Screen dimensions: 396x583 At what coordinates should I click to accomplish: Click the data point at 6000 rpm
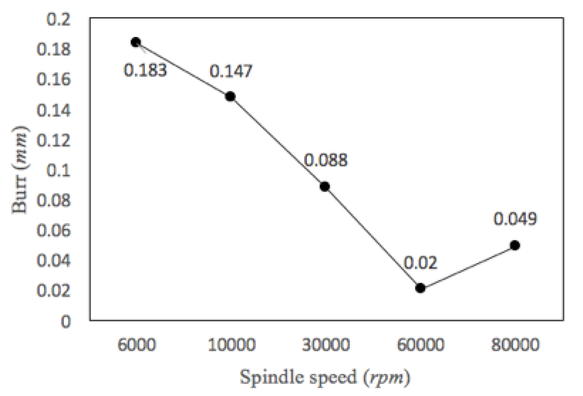(136, 42)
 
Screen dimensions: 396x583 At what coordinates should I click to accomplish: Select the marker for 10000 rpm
(230, 96)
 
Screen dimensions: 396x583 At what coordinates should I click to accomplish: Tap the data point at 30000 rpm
(325, 186)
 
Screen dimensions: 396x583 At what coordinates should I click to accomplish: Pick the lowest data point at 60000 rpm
(420, 288)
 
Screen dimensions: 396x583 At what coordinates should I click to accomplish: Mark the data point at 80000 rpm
(515, 245)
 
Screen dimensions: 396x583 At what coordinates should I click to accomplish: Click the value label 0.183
(145, 70)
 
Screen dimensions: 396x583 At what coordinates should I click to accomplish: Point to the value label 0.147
(231, 71)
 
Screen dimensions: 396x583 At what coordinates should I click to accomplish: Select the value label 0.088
(326, 160)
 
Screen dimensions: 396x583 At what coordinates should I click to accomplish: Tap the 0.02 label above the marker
(420, 263)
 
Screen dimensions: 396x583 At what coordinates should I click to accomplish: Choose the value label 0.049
(515, 219)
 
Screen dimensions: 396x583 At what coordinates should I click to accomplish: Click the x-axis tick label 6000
(137, 344)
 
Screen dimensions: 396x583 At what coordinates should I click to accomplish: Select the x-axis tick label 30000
(326, 344)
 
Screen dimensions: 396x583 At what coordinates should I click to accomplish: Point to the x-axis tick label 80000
(515, 344)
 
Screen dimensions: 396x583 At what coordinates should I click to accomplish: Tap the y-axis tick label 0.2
(58, 20)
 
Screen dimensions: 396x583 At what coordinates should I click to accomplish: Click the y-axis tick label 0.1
(58, 171)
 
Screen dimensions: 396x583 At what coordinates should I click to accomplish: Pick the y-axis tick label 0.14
(54, 111)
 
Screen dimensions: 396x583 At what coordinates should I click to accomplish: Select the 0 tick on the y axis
(66, 322)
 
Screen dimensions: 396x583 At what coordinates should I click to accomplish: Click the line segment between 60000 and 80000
(468, 266)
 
